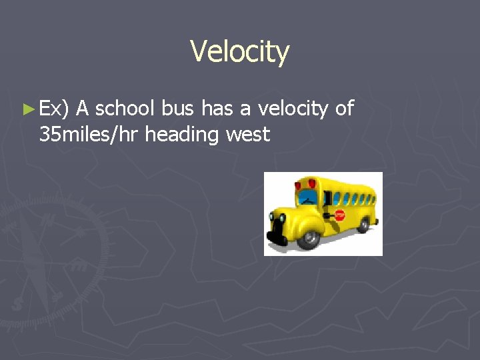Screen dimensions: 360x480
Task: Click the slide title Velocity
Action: coord(239,51)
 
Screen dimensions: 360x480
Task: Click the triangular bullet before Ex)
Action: coord(27,108)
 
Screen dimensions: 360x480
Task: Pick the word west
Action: coord(248,135)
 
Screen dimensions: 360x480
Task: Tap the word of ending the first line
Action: coord(344,108)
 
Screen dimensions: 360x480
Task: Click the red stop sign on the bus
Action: coord(339,215)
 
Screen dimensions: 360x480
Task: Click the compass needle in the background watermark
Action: coord(33,260)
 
